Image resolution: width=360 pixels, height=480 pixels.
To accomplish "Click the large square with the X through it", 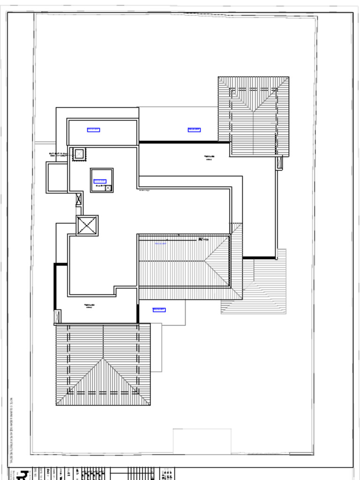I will coord(87,225).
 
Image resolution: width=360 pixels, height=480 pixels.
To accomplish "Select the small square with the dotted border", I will coord(79,154).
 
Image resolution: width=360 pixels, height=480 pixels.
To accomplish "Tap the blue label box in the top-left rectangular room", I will coord(93,130).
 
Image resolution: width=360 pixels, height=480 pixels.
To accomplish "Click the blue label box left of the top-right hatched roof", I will coord(194,130).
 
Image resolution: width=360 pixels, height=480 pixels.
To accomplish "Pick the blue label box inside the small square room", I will coord(100,181).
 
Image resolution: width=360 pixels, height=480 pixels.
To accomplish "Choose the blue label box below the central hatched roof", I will coord(159,309).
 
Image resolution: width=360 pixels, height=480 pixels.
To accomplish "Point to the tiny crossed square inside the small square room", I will coord(109,188).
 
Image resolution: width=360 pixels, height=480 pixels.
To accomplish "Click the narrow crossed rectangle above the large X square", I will coord(79,199).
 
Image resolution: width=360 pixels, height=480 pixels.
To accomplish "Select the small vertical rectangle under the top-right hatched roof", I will coord(280,163).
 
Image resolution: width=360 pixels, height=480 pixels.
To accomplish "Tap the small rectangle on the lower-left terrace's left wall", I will coord(58,316).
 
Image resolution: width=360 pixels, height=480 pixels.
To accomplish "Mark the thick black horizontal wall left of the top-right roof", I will coord(184,142).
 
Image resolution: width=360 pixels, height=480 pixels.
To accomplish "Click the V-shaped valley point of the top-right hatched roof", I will coord(253,111).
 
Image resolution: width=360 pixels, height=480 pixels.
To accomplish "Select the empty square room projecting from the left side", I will coord(57,177).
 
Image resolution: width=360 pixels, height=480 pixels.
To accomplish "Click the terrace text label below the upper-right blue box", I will coord(209,157).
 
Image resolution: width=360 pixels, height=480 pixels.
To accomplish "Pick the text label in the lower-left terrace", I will coord(90,306).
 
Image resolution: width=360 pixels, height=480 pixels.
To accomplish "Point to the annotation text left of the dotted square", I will coord(60,154).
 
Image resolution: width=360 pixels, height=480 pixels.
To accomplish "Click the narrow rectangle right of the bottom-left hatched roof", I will coord(156,347).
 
